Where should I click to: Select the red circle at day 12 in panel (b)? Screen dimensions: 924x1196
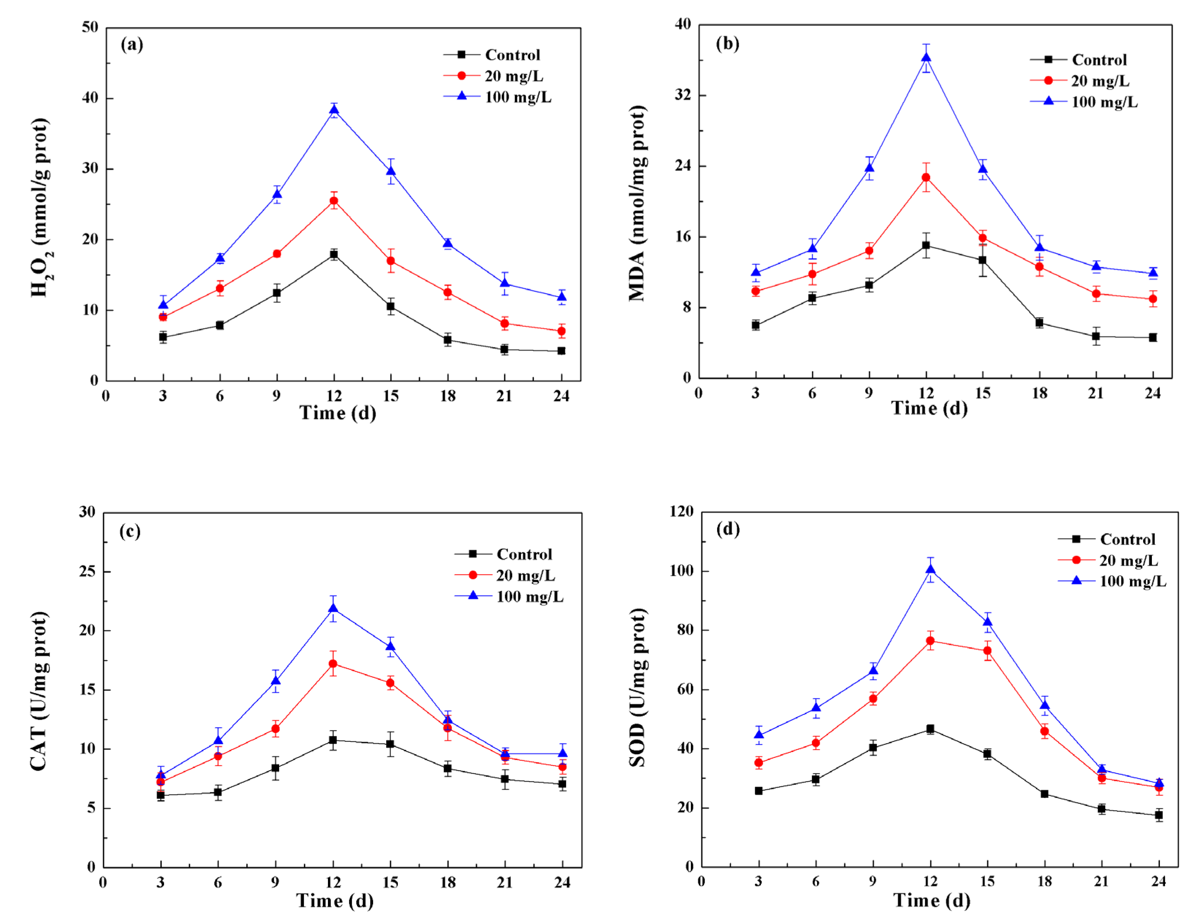926,177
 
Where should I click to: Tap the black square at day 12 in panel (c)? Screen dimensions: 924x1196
332,740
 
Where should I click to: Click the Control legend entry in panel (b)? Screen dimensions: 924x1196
1099,60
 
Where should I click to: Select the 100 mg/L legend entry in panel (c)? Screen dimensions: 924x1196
529,596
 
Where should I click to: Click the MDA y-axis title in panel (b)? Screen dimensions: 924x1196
637,204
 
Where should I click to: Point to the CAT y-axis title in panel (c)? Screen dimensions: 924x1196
39,691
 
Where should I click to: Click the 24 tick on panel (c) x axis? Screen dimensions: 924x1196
562,882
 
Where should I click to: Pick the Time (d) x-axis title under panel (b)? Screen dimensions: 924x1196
929,408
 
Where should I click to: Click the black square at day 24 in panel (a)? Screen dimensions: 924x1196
561,351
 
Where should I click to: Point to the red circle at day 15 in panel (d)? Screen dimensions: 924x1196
987,651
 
